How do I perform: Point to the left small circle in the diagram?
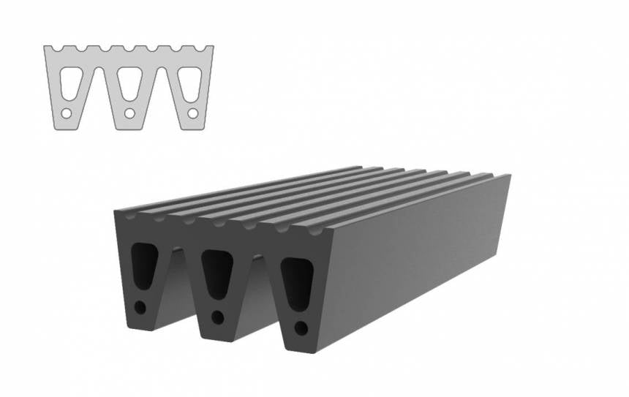click(x=66, y=113)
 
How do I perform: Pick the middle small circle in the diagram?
click(x=129, y=113)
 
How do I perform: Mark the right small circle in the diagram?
click(x=192, y=113)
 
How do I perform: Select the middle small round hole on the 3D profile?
click(x=217, y=317)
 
